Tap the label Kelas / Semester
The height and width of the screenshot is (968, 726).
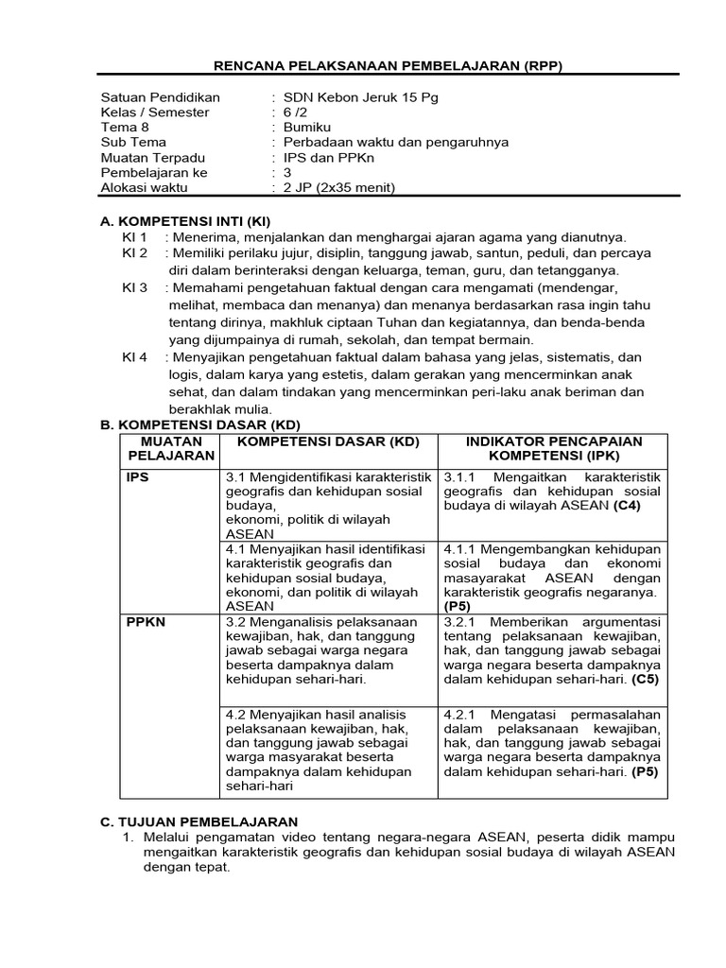click(155, 112)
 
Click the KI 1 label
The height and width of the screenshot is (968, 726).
click(134, 236)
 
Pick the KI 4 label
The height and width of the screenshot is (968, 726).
click(134, 357)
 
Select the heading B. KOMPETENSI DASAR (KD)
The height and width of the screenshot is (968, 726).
click(199, 425)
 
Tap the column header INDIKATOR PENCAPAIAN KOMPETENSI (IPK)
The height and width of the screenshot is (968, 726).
click(555, 449)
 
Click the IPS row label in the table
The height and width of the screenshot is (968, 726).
click(138, 477)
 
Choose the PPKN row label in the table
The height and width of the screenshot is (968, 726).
click(146, 622)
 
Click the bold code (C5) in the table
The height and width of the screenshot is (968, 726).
click(646, 679)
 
